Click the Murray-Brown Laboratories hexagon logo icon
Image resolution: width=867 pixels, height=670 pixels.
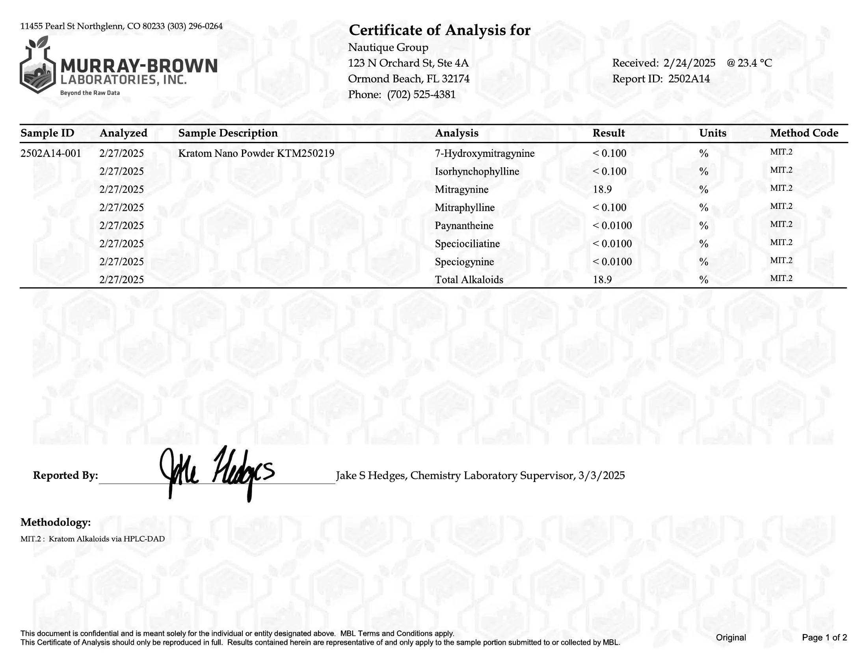pos(38,67)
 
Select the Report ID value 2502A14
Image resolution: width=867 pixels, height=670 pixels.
pos(689,78)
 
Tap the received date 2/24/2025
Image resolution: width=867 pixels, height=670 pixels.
pos(689,63)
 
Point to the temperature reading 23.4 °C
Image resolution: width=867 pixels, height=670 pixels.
pos(755,63)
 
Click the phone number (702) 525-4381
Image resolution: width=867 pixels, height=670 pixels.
pos(421,95)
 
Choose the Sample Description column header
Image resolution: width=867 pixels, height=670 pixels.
pos(228,133)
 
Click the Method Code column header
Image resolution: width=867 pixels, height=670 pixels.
pos(804,133)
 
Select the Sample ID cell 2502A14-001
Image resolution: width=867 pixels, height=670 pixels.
pos(51,153)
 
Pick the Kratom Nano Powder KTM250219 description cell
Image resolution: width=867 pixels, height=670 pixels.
pos(256,153)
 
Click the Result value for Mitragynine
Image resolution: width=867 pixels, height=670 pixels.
pos(602,189)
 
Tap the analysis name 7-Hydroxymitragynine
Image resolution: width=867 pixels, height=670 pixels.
pos(484,153)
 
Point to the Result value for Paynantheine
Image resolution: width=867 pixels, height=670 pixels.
pos(612,225)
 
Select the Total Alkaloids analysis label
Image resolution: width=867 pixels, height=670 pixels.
pos(469,280)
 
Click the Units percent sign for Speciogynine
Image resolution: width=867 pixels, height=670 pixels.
pos(703,262)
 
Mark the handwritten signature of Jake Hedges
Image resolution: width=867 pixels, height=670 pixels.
pos(216,472)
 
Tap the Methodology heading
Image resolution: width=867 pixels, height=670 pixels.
pos(56,522)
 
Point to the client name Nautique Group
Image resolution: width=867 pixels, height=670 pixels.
pos(388,48)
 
